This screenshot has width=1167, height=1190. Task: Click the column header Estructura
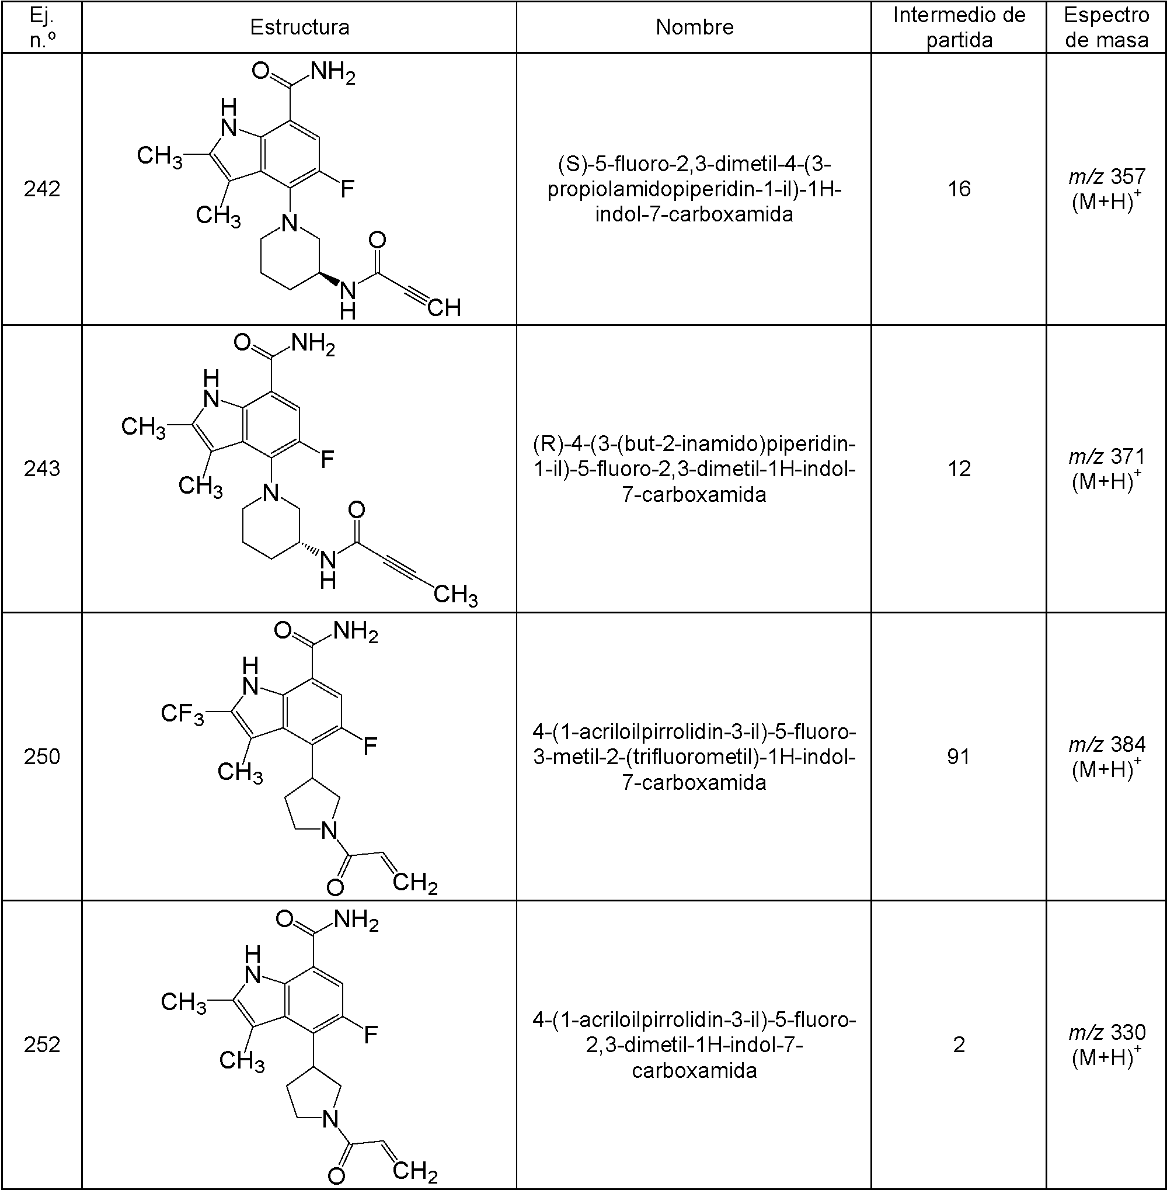pos(299,27)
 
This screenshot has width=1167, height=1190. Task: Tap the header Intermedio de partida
pos(959,27)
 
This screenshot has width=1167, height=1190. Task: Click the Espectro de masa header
pos(1106,27)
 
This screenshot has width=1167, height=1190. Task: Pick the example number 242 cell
pos(41,189)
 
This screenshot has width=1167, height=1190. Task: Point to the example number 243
pos(41,469)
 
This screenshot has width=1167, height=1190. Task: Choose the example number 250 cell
pos(41,757)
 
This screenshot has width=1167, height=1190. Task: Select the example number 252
pos(41,1044)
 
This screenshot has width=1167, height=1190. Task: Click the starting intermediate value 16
pos(959,189)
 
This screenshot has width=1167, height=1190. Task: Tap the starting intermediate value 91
pos(959,757)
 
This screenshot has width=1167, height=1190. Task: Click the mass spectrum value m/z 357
pos(1106,176)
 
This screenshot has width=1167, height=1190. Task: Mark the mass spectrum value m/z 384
pos(1106,744)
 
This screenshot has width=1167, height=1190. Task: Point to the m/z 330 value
pos(1106,1032)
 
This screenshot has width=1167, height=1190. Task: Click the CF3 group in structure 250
pos(182,714)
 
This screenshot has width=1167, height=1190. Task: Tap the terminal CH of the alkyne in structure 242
pos(444,307)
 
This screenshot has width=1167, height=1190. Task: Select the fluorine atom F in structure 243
pos(328,458)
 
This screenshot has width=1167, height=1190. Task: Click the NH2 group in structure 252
pos(356,920)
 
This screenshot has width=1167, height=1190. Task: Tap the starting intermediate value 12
pos(959,469)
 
